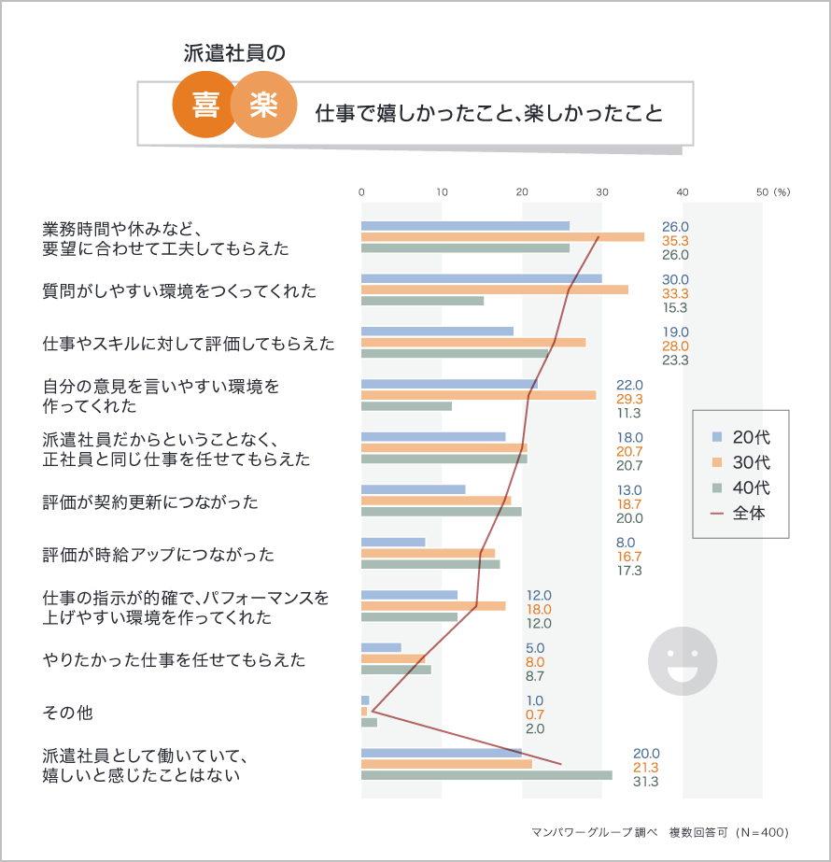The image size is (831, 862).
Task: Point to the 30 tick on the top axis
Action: tap(602, 191)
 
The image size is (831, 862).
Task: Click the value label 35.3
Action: tap(675, 241)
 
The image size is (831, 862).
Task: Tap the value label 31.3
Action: tap(646, 781)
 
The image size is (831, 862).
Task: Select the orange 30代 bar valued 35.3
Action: tap(502, 237)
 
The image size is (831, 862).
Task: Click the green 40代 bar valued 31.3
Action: tap(486, 774)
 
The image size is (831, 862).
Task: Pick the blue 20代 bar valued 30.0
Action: tap(481, 278)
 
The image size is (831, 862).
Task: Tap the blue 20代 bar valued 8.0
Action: tap(393, 542)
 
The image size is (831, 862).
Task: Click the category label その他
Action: tap(68, 713)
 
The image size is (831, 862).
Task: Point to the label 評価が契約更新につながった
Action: tap(150, 502)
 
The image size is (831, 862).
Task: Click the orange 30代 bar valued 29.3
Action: tap(478, 395)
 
